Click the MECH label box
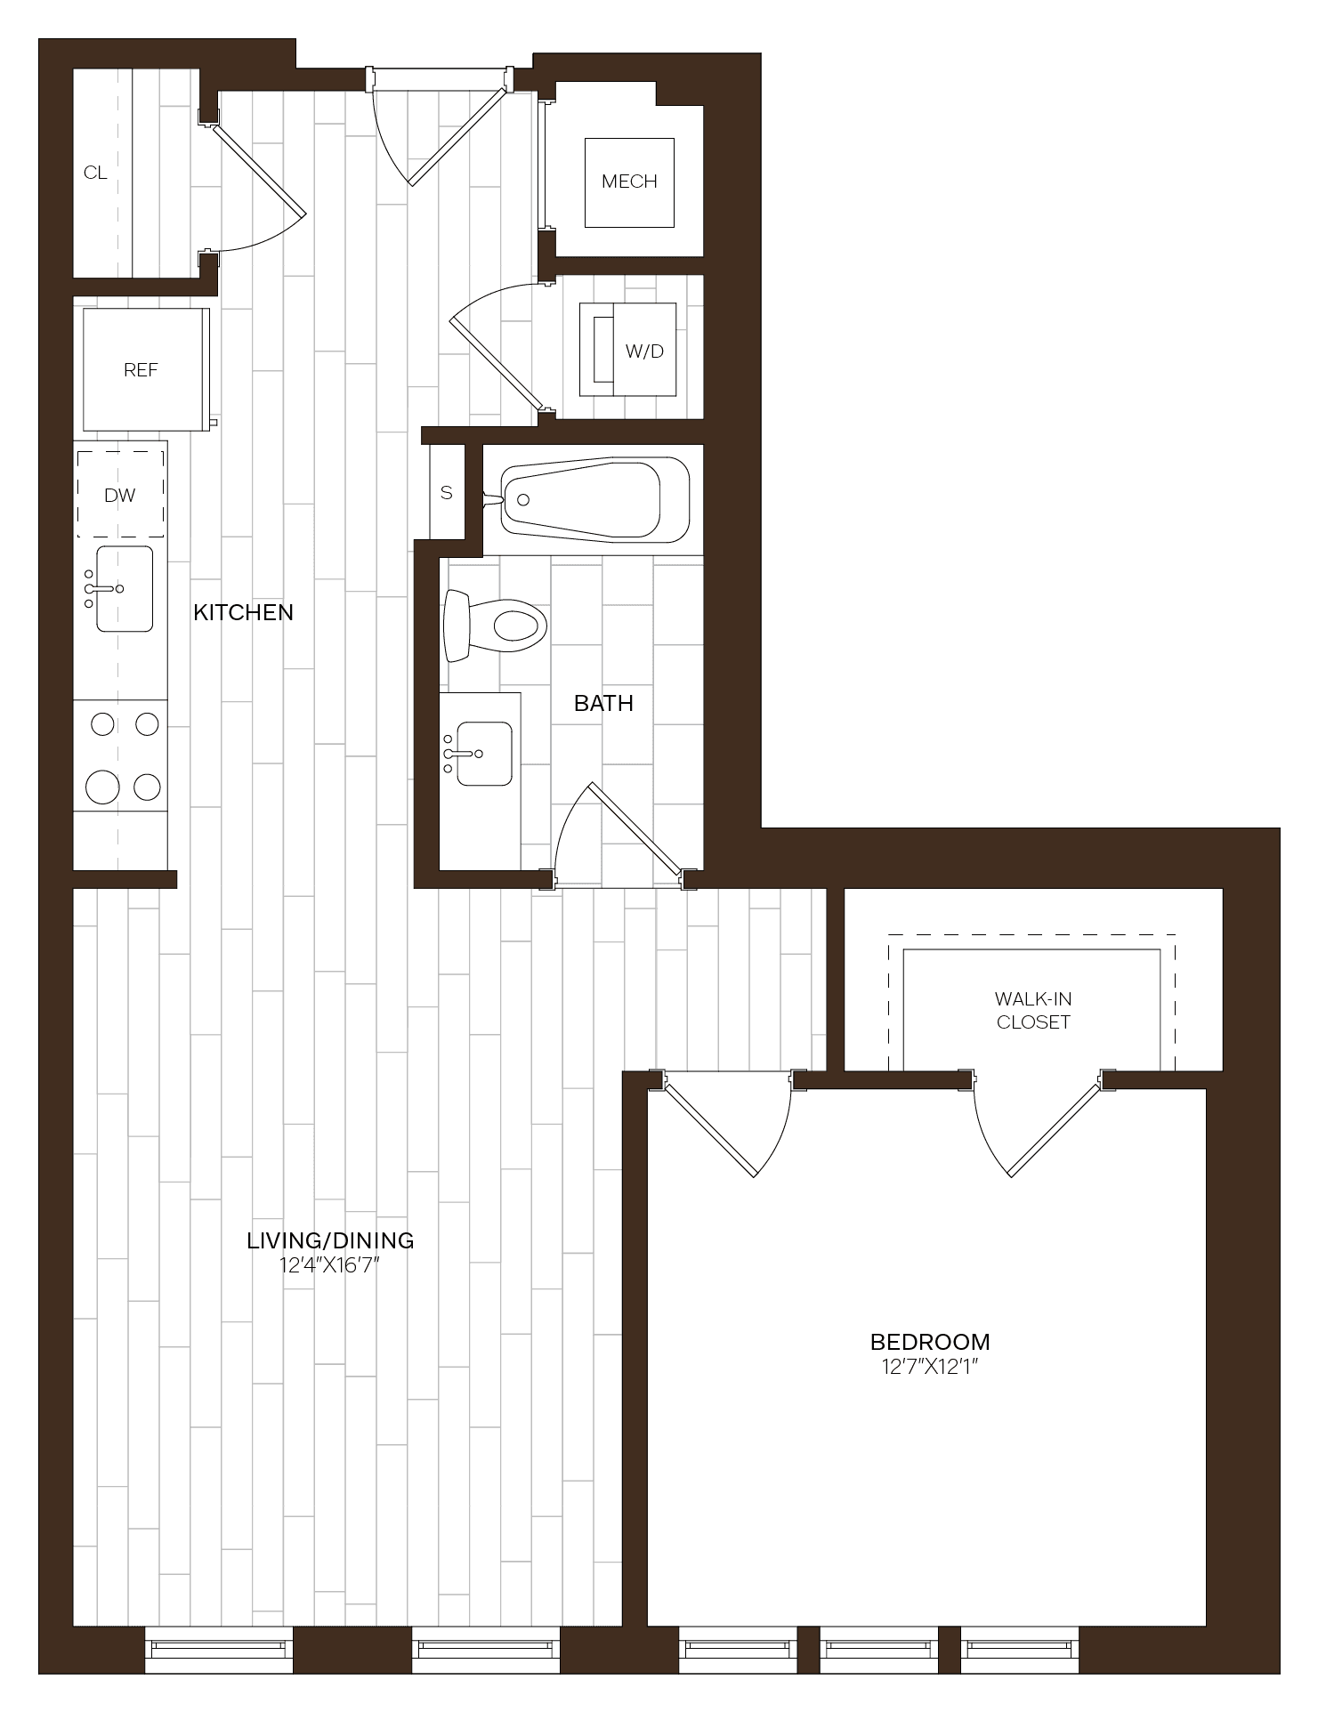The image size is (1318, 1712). (628, 182)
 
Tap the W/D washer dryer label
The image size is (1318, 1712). (644, 351)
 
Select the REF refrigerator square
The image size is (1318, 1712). (142, 369)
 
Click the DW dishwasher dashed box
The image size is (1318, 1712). (120, 495)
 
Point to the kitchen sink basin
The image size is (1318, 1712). (124, 588)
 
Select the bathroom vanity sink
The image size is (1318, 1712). (483, 753)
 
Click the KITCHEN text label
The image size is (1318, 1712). (243, 612)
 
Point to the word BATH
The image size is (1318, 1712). (603, 703)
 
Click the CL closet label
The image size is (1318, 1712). (95, 173)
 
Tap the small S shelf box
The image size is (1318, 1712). (447, 492)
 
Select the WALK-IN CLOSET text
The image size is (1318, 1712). (1032, 1010)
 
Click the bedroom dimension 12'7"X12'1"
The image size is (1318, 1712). (930, 1367)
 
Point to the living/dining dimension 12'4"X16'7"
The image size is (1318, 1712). (330, 1264)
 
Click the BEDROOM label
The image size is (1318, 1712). (930, 1341)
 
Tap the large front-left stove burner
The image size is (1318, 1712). (102, 787)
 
